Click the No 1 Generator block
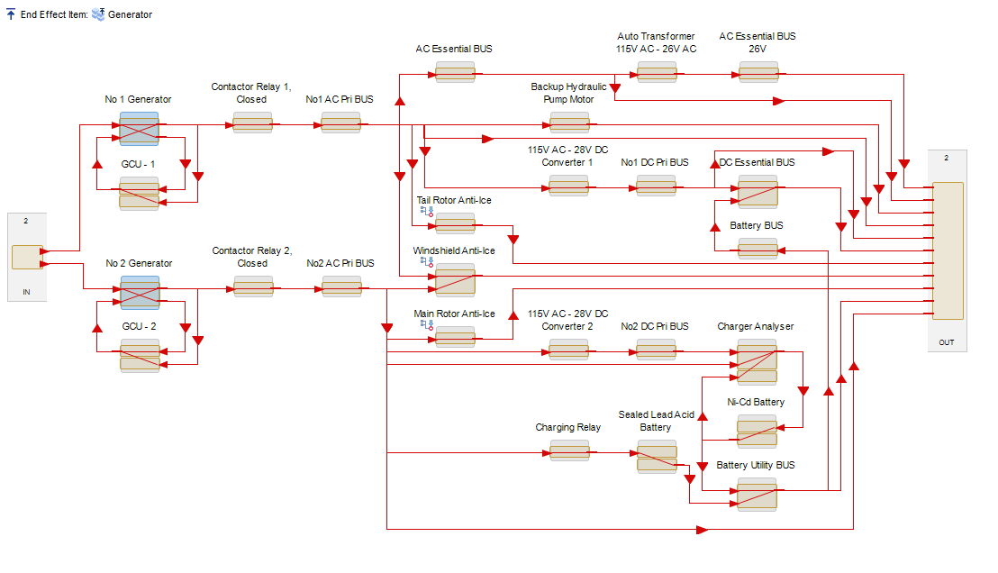tap(139, 128)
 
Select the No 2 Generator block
tap(140, 292)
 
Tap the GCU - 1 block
tap(139, 193)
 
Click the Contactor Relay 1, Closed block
tap(252, 123)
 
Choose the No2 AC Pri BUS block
tap(341, 286)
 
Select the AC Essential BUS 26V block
tap(758, 72)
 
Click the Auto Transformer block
tap(656, 72)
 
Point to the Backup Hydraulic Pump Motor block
tap(569, 123)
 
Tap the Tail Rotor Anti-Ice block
tap(455, 223)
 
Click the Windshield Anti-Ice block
tap(455, 279)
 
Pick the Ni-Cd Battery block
tap(757, 431)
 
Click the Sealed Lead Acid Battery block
tap(656, 457)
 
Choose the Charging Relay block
tap(569, 450)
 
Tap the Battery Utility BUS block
tap(757, 495)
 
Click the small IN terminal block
tap(27, 257)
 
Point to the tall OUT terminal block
tap(948, 250)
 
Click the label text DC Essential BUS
tap(757, 162)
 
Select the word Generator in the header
tap(130, 14)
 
